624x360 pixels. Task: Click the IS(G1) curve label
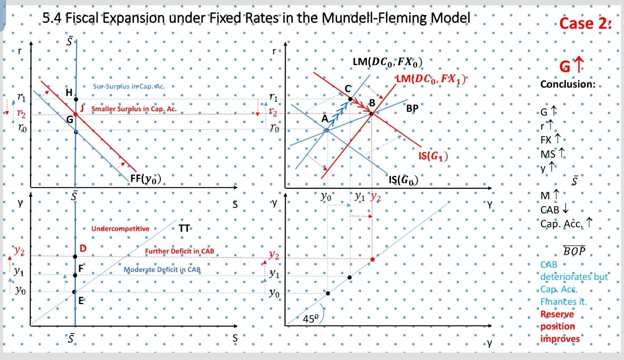[433, 156]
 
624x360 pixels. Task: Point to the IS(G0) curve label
[403, 179]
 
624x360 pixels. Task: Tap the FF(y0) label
[146, 179]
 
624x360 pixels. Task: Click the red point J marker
[75, 114]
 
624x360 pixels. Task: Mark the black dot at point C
[350, 99]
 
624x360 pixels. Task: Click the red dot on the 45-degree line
[372, 259]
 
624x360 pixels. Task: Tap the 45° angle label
[310, 320]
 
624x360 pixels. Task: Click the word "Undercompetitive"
[120, 228]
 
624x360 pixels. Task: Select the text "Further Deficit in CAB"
[179, 251]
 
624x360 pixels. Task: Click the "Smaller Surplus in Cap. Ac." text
[134, 109]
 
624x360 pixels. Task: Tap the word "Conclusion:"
[568, 84]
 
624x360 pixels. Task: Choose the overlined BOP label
[574, 251]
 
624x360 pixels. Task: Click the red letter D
[83, 248]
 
